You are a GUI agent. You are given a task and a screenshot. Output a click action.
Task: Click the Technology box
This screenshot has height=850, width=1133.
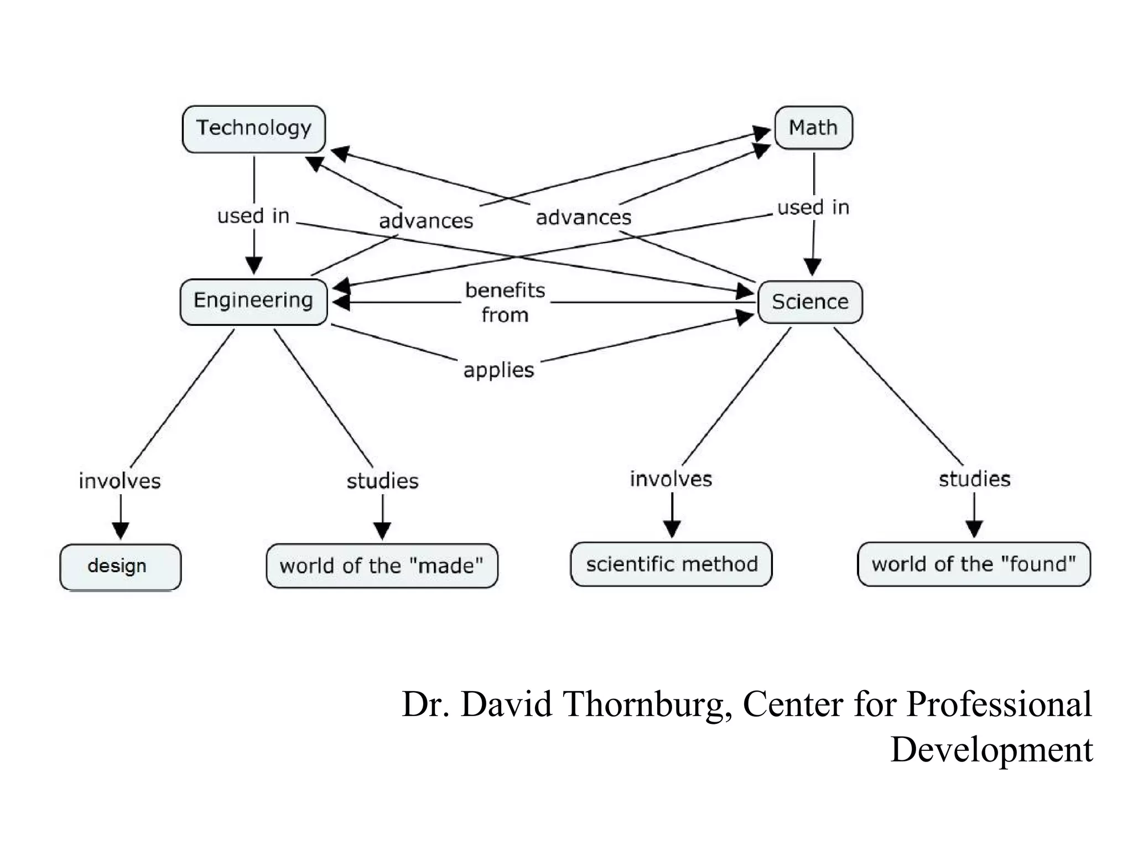pyautogui.click(x=253, y=129)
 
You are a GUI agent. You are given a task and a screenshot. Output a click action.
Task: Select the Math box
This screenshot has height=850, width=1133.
pyautogui.click(x=813, y=128)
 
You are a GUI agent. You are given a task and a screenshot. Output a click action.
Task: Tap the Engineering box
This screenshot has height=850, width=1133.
pyautogui.click(x=253, y=301)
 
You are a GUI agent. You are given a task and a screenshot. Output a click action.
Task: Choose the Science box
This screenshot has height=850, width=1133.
pyautogui.click(x=810, y=302)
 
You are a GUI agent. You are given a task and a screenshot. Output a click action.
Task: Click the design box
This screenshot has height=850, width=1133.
pyautogui.click(x=120, y=567)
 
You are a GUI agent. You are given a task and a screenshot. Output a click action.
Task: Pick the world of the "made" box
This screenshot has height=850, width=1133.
pyautogui.click(x=382, y=566)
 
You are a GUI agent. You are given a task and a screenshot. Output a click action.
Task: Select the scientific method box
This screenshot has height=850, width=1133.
pyautogui.click(x=671, y=564)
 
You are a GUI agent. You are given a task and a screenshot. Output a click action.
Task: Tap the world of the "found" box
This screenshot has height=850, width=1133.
pyautogui.click(x=974, y=564)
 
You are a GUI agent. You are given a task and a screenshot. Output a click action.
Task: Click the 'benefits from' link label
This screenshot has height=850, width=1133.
pyautogui.click(x=505, y=302)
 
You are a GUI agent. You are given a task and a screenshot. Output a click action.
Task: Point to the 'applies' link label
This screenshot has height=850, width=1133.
pyautogui.click(x=498, y=370)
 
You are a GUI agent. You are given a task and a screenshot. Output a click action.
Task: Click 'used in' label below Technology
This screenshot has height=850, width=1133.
pyautogui.click(x=253, y=216)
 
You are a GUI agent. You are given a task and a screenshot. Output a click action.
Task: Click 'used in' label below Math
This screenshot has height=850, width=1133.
pyautogui.click(x=813, y=208)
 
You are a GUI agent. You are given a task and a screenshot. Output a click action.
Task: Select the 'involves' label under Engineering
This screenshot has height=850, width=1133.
pyautogui.click(x=119, y=480)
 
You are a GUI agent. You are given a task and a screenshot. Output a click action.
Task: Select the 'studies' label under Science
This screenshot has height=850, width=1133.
pyautogui.click(x=974, y=479)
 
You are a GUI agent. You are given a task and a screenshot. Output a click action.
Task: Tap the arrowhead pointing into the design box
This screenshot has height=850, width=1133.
pyautogui.click(x=120, y=531)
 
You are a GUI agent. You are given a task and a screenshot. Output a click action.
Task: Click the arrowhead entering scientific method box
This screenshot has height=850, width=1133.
pyautogui.click(x=672, y=530)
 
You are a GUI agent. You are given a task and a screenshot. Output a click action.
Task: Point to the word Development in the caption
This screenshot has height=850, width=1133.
pyautogui.click(x=991, y=749)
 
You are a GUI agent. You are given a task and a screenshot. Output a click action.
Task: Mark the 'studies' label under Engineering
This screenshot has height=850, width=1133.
pyautogui.click(x=382, y=480)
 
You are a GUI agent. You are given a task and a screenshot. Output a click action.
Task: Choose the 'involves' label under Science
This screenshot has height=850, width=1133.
pyautogui.click(x=671, y=479)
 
